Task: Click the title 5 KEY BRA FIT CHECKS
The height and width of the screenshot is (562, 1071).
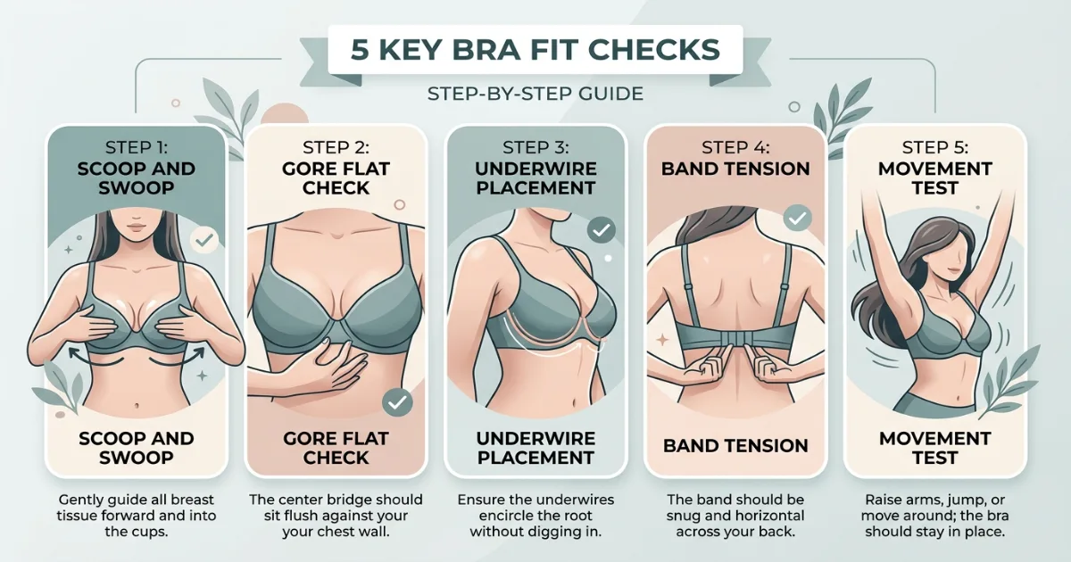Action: click(x=535, y=49)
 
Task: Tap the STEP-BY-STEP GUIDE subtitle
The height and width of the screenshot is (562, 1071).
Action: click(x=535, y=94)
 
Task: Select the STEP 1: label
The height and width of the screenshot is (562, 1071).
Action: click(x=136, y=147)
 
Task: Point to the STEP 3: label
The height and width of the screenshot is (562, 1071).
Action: click(x=535, y=147)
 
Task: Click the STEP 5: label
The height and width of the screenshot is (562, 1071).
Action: click(x=934, y=147)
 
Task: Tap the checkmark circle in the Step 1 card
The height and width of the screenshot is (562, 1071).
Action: click(x=204, y=240)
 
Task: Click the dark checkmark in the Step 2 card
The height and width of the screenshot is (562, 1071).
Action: click(x=397, y=403)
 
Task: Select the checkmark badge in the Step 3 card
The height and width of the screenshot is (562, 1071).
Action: click(x=602, y=230)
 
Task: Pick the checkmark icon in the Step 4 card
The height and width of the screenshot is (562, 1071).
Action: click(x=796, y=217)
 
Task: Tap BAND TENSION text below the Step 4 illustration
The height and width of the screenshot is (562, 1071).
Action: click(x=735, y=446)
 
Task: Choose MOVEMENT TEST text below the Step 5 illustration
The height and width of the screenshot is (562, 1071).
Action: click(x=934, y=448)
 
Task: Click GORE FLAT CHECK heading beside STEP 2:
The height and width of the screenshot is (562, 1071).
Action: click(x=336, y=178)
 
